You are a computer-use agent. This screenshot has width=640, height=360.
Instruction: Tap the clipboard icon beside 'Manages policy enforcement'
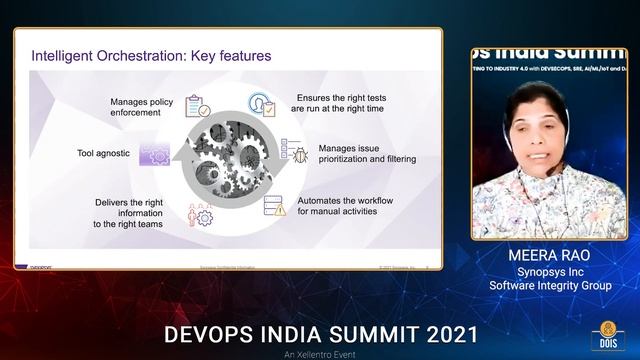tap(198, 106)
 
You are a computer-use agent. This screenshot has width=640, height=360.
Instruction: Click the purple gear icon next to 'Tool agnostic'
tap(154, 154)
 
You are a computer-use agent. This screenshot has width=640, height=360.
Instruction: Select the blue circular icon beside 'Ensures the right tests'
tap(262, 104)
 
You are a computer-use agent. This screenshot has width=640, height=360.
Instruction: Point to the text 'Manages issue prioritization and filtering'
tap(367, 154)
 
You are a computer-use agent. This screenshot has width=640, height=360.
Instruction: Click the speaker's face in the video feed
tap(534, 127)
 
